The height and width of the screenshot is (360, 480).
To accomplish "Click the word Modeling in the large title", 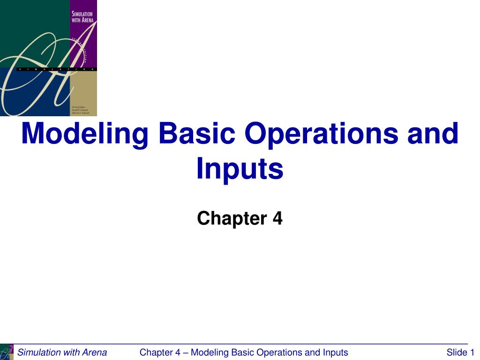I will [85, 134].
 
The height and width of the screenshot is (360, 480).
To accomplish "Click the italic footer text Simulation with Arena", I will [62, 352].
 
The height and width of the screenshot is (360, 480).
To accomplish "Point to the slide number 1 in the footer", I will [472, 352].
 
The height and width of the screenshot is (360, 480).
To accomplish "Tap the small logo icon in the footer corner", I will [7, 352].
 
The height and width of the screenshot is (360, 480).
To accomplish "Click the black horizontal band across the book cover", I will [56, 69].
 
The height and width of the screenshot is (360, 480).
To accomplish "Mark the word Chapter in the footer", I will [157, 352].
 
